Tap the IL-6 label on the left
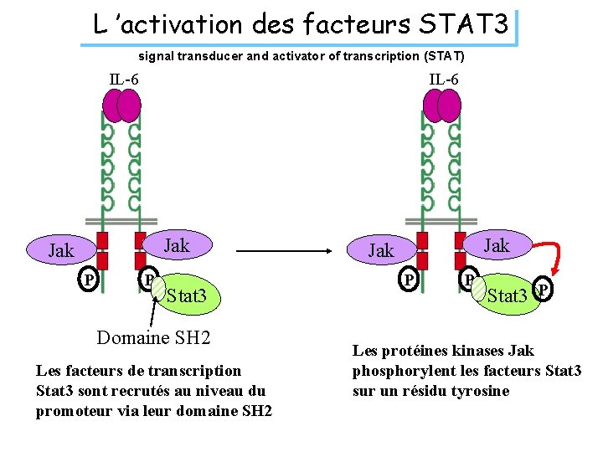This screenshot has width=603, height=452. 124,80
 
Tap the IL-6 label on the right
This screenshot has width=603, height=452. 444,80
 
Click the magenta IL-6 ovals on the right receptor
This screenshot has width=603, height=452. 442,105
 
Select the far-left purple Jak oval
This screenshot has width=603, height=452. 61,249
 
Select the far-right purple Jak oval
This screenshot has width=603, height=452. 496,245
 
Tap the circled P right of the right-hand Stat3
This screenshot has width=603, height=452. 544,290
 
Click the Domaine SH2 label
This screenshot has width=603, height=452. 153,337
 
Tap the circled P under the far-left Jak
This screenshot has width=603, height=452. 87,280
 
